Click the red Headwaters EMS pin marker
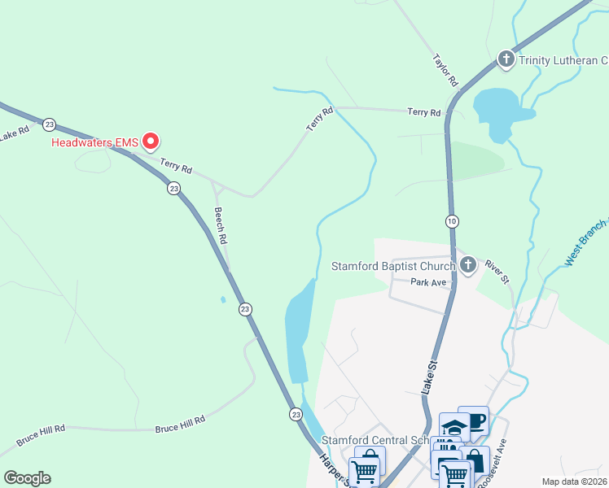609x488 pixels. point(151,142)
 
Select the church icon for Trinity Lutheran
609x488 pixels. point(506,59)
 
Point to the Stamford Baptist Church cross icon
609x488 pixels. point(467,264)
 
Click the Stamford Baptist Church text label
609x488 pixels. point(392,266)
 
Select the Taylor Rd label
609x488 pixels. point(447,72)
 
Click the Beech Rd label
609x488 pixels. point(220,225)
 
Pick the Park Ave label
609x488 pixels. point(429,282)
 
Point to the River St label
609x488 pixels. point(497,271)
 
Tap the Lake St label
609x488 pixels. point(429,381)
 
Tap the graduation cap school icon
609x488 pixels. point(453,426)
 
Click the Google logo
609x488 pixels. point(27,478)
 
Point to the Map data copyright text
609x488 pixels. point(573,481)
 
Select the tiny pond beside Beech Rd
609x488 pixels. point(223,299)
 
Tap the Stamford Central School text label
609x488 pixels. point(375,440)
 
